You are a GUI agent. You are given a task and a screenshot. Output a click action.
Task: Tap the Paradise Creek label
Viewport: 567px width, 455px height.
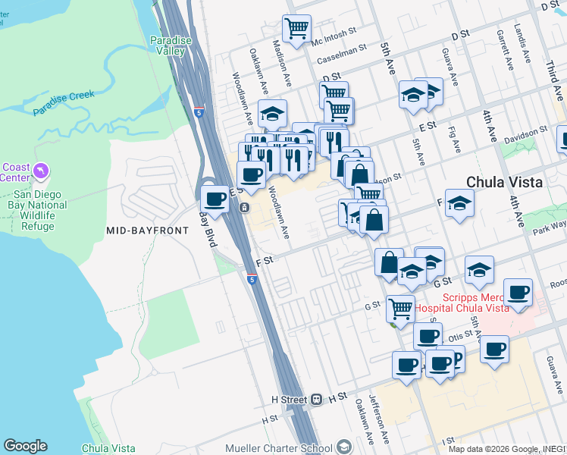64,103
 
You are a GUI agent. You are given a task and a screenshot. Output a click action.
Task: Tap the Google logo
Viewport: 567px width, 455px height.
25,446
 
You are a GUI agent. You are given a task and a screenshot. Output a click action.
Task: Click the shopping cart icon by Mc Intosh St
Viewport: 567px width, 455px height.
296,29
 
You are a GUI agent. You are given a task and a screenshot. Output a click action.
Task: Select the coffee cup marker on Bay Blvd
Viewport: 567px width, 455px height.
215,199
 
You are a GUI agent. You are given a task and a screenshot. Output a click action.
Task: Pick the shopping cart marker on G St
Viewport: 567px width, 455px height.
399,308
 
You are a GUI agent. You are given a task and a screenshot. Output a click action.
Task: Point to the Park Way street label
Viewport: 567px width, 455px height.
550,228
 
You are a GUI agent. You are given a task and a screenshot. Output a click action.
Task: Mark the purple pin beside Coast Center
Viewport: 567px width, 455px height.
40,171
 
